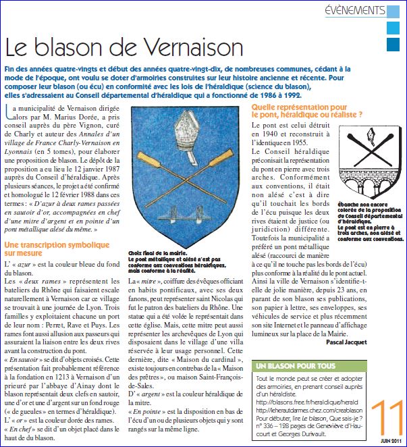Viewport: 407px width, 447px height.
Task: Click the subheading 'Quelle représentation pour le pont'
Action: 310,111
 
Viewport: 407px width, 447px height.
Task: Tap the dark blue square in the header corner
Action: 392,45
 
